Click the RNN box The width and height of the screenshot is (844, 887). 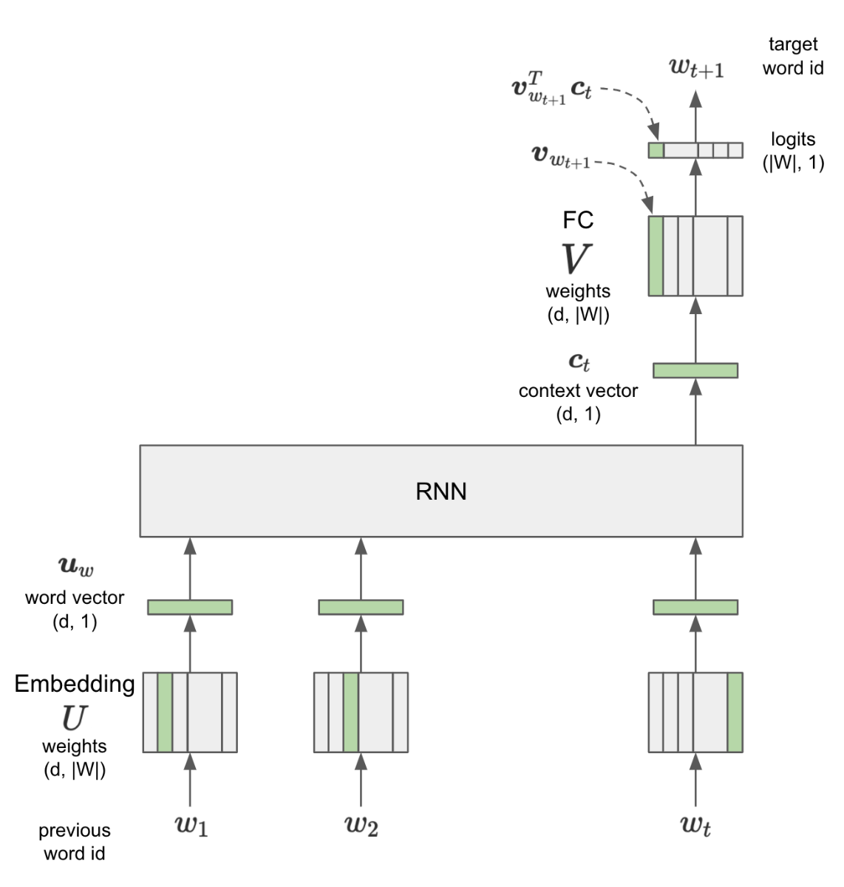pos(441,491)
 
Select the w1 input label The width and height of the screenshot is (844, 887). pos(191,825)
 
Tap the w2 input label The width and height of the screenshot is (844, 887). pos(361,825)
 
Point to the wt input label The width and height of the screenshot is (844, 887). pos(695,825)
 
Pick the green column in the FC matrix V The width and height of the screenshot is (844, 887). pos(656,256)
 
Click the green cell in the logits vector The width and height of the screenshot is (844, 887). pos(656,151)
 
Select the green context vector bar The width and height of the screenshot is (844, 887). pos(695,370)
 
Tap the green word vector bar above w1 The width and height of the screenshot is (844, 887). pos(190,607)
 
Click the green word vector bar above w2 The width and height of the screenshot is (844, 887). pos(361,607)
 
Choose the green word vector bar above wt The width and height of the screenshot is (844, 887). pos(695,607)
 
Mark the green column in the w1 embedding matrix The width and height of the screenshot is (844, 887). pos(165,712)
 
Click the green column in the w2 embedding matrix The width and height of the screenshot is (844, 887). pos(351,712)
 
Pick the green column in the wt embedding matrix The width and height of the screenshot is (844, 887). pos(735,712)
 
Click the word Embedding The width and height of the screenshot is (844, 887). pos(75,684)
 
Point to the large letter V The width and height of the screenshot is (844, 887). pos(576,259)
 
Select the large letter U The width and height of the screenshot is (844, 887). pos(74,717)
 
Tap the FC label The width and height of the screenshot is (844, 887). pos(578,220)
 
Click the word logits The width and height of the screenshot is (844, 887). pos(793,140)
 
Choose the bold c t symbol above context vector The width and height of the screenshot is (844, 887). pos(579,362)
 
